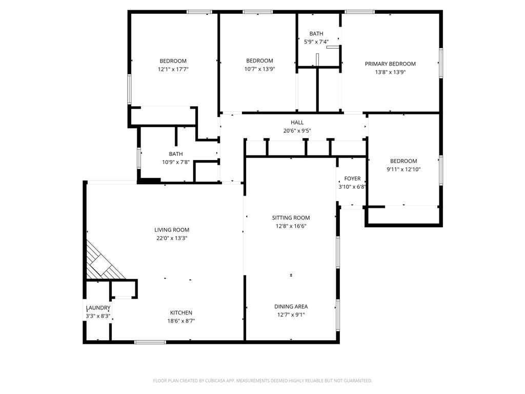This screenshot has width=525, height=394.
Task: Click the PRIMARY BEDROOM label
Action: [390, 64]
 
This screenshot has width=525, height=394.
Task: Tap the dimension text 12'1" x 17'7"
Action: [173, 69]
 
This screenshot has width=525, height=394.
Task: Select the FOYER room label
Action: [352, 179]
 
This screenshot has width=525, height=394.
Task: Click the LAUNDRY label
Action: [98, 308]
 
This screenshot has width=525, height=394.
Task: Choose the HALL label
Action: [297, 123]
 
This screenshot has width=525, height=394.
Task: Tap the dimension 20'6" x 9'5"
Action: [297, 131]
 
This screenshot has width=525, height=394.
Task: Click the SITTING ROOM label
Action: [291, 218]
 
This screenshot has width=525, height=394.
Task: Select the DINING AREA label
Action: [291, 307]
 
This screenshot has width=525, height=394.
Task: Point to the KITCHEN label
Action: [181, 313]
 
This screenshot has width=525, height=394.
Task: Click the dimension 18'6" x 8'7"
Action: [181, 321]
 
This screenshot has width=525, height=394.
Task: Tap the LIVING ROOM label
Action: [172, 230]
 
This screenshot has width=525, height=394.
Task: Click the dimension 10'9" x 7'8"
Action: [176, 162]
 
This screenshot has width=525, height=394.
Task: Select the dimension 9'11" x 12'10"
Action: [403, 169]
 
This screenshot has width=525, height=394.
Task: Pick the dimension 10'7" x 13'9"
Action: [259, 69]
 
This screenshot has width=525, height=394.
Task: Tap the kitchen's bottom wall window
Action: [150, 342]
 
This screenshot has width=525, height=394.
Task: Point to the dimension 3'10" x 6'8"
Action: [352, 187]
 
